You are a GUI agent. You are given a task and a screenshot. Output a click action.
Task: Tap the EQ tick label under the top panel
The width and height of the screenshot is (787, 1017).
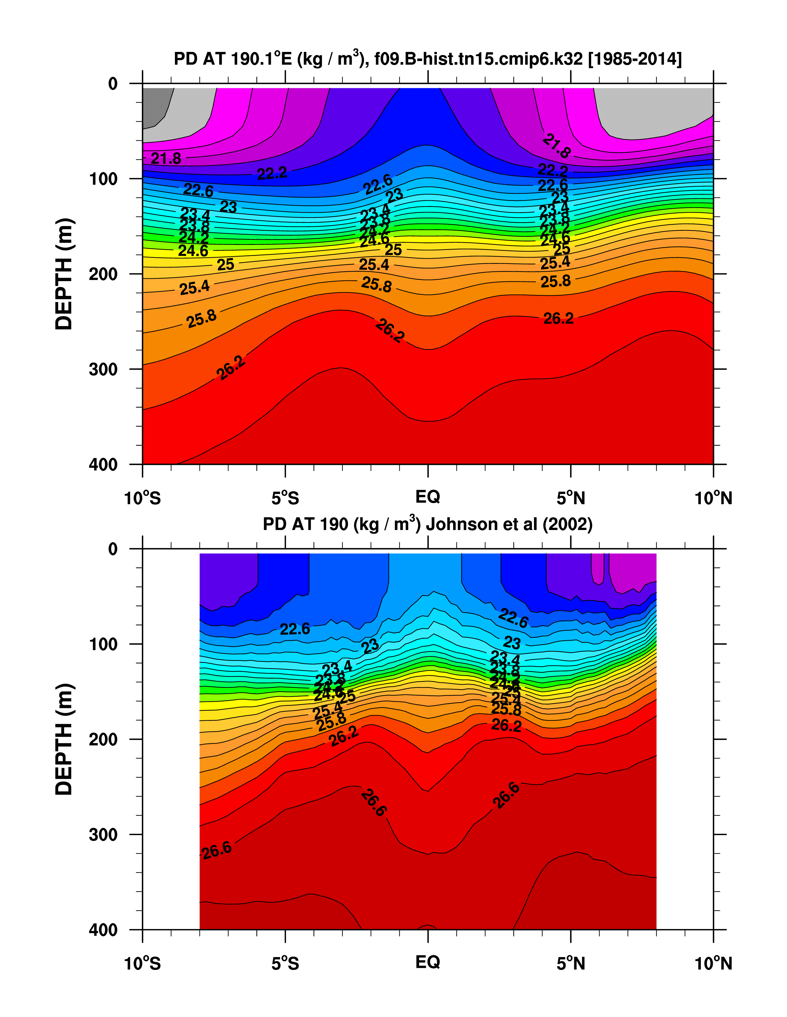click(427, 497)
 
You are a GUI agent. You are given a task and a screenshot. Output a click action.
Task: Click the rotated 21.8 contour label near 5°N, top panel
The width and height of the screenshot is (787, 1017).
click(556, 145)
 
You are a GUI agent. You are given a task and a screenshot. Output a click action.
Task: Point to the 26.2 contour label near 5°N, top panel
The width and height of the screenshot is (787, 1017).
click(558, 319)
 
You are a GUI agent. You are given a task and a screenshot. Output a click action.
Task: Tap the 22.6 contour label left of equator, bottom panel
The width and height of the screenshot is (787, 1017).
click(295, 629)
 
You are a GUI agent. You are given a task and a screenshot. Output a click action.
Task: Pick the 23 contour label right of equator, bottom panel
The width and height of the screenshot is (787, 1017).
click(512, 643)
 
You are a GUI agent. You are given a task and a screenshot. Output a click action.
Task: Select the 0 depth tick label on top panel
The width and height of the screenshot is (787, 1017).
click(113, 84)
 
